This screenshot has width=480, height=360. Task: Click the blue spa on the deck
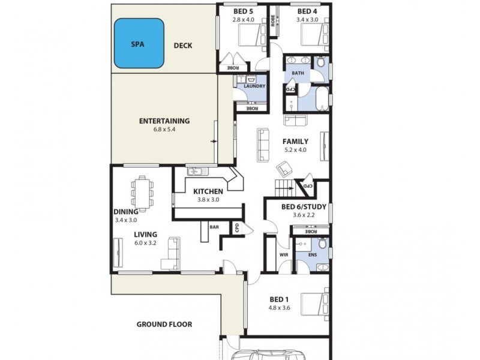click(139, 43)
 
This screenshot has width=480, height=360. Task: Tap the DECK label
click(182, 45)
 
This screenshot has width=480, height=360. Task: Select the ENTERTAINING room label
click(164, 121)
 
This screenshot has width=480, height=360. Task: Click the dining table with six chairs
click(142, 190)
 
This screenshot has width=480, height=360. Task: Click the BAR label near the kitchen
click(214, 227)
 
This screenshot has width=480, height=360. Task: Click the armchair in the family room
click(283, 170)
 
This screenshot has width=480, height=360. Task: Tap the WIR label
click(284, 254)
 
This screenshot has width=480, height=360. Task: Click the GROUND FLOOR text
click(164, 325)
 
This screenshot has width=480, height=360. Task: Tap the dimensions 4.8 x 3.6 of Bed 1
click(280, 308)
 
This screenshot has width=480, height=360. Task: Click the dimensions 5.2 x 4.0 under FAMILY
click(295, 150)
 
